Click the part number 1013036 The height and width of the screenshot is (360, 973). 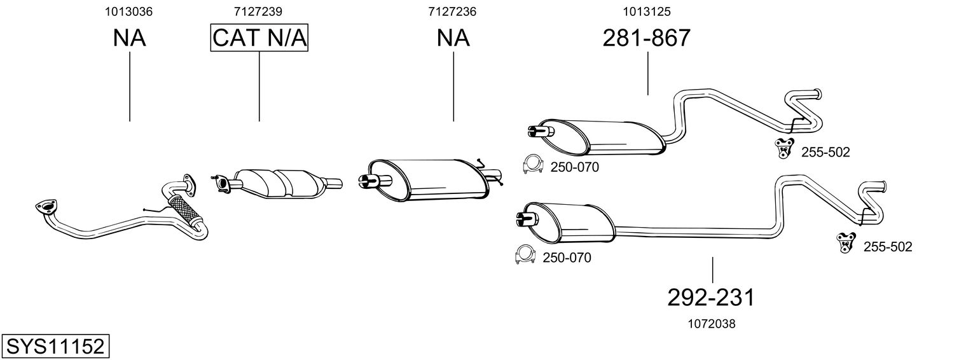coord(130,11)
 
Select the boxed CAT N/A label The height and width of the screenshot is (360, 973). coord(259,38)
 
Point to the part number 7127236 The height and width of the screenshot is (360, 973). coord(453,11)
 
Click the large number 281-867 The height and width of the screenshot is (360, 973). coord(647,38)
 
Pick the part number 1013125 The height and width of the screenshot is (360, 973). coord(647,11)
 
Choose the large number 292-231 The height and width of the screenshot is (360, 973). coord(711,297)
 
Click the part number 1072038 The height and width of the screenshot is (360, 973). coord(711,324)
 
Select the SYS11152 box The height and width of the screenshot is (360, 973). coord(55,347)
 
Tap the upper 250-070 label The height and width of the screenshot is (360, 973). coord(574,167)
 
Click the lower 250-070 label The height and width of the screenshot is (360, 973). coord(567,258)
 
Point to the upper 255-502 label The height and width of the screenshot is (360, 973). coord(825,152)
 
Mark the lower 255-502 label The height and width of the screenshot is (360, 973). coord(887,247)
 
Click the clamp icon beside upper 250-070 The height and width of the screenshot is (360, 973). coord(532,164)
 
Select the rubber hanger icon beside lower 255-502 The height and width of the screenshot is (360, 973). coord(846,242)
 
